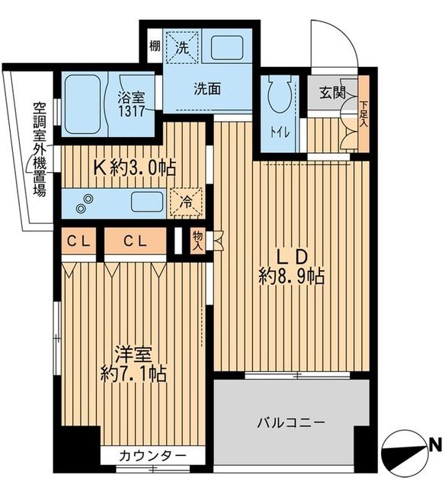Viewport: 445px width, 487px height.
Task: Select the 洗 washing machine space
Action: pos(182,46)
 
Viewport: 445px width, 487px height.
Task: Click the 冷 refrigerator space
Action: pos(187,202)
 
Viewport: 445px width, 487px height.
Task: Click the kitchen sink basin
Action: pos(146,202)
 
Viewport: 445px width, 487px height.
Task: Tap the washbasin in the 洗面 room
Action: pos(226,47)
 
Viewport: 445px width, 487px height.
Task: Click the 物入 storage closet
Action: pos(197,241)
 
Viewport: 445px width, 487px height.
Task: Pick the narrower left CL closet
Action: pos(79,242)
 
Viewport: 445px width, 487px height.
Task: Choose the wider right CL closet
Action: pos(136,242)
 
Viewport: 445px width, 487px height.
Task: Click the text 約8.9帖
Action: pos(290,276)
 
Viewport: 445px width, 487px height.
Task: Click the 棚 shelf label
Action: pos(154,46)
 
